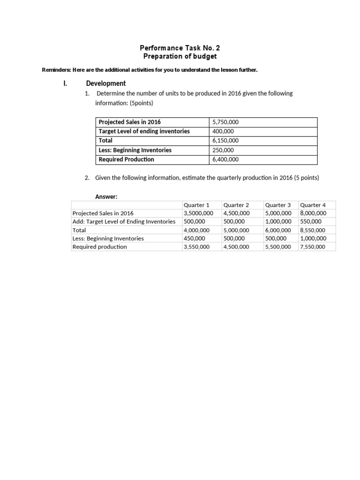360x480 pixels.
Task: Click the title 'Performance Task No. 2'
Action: tap(180, 48)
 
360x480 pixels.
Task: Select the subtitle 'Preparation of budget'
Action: tap(180, 56)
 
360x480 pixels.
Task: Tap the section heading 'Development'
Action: tap(106, 83)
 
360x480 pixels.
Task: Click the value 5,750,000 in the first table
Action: tap(225, 122)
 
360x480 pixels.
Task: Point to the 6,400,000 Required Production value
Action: tap(225, 159)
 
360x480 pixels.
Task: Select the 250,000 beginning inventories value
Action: tap(223, 150)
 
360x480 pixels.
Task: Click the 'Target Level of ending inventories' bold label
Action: tap(144, 131)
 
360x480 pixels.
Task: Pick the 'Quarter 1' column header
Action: tap(196, 205)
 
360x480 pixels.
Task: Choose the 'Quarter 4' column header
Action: tap(313, 205)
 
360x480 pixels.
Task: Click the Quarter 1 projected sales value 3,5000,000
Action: tap(198, 213)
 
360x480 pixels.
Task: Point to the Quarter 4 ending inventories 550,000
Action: tap(311, 221)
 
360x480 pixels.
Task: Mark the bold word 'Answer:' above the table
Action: tap(106, 196)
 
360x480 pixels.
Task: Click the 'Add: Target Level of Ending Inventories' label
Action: tap(124, 221)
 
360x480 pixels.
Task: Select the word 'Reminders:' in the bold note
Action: tap(56, 70)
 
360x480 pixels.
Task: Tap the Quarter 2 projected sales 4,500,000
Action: tap(236, 213)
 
